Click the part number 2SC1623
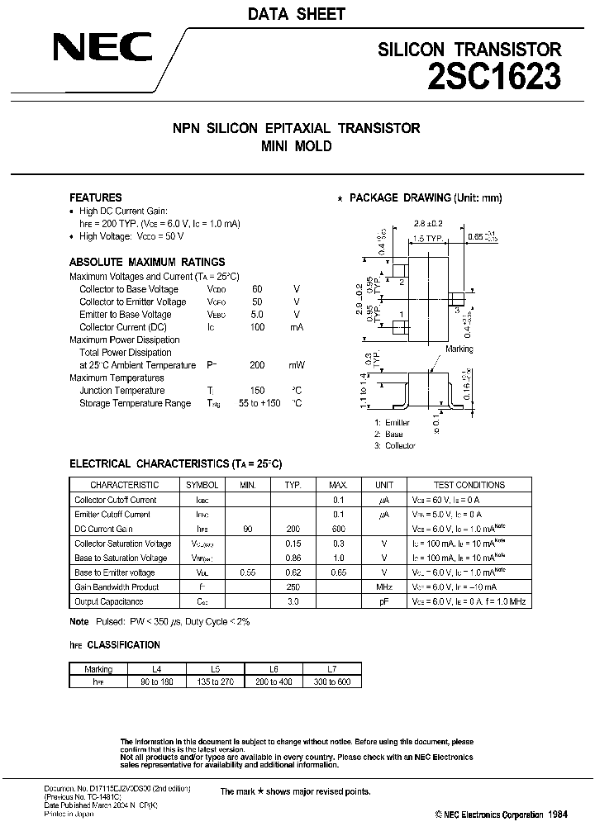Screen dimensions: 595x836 [494, 77]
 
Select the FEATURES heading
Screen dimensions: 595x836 [95, 197]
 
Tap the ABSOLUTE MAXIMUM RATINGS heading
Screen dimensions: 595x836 [147, 261]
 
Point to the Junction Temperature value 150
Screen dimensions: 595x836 [257, 391]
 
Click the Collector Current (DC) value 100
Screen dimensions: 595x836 [257, 327]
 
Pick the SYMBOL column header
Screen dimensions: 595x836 [202, 485]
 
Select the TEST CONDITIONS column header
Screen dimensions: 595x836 [469, 485]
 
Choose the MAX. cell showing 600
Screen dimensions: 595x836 [338, 529]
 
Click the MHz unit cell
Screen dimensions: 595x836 [383, 587]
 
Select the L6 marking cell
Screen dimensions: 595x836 [274, 668]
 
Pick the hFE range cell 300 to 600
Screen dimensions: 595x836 [333, 682]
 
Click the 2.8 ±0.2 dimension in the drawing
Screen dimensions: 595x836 [429, 224]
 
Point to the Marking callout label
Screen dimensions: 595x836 [459, 349]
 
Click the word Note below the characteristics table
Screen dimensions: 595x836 [79, 621]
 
